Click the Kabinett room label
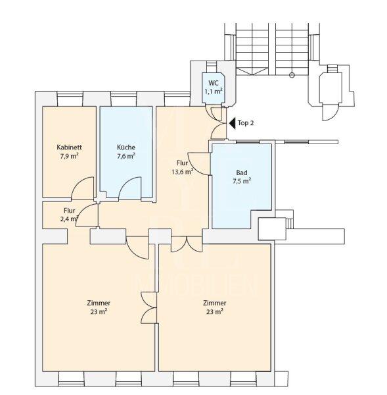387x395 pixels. click(69, 147)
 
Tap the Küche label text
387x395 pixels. click(126, 147)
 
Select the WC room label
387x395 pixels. click(214, 83)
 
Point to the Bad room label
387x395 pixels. click(242, 172)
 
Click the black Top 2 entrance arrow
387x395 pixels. click(233, 123)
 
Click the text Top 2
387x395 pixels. click(246, 123)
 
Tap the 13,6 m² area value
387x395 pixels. click(182, 172)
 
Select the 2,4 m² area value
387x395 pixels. click(69, 219)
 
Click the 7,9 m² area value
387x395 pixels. click(69, 156)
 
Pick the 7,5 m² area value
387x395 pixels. click(242, 181)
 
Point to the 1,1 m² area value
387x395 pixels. click(214, 92)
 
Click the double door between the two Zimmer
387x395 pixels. click(149, 307)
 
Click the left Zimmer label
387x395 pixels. click(99, 303)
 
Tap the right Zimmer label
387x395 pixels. click(214, 303)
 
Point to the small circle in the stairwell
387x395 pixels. click(292, 75)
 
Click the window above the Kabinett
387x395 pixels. click(70, 99)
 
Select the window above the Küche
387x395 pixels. click(124, 99)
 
